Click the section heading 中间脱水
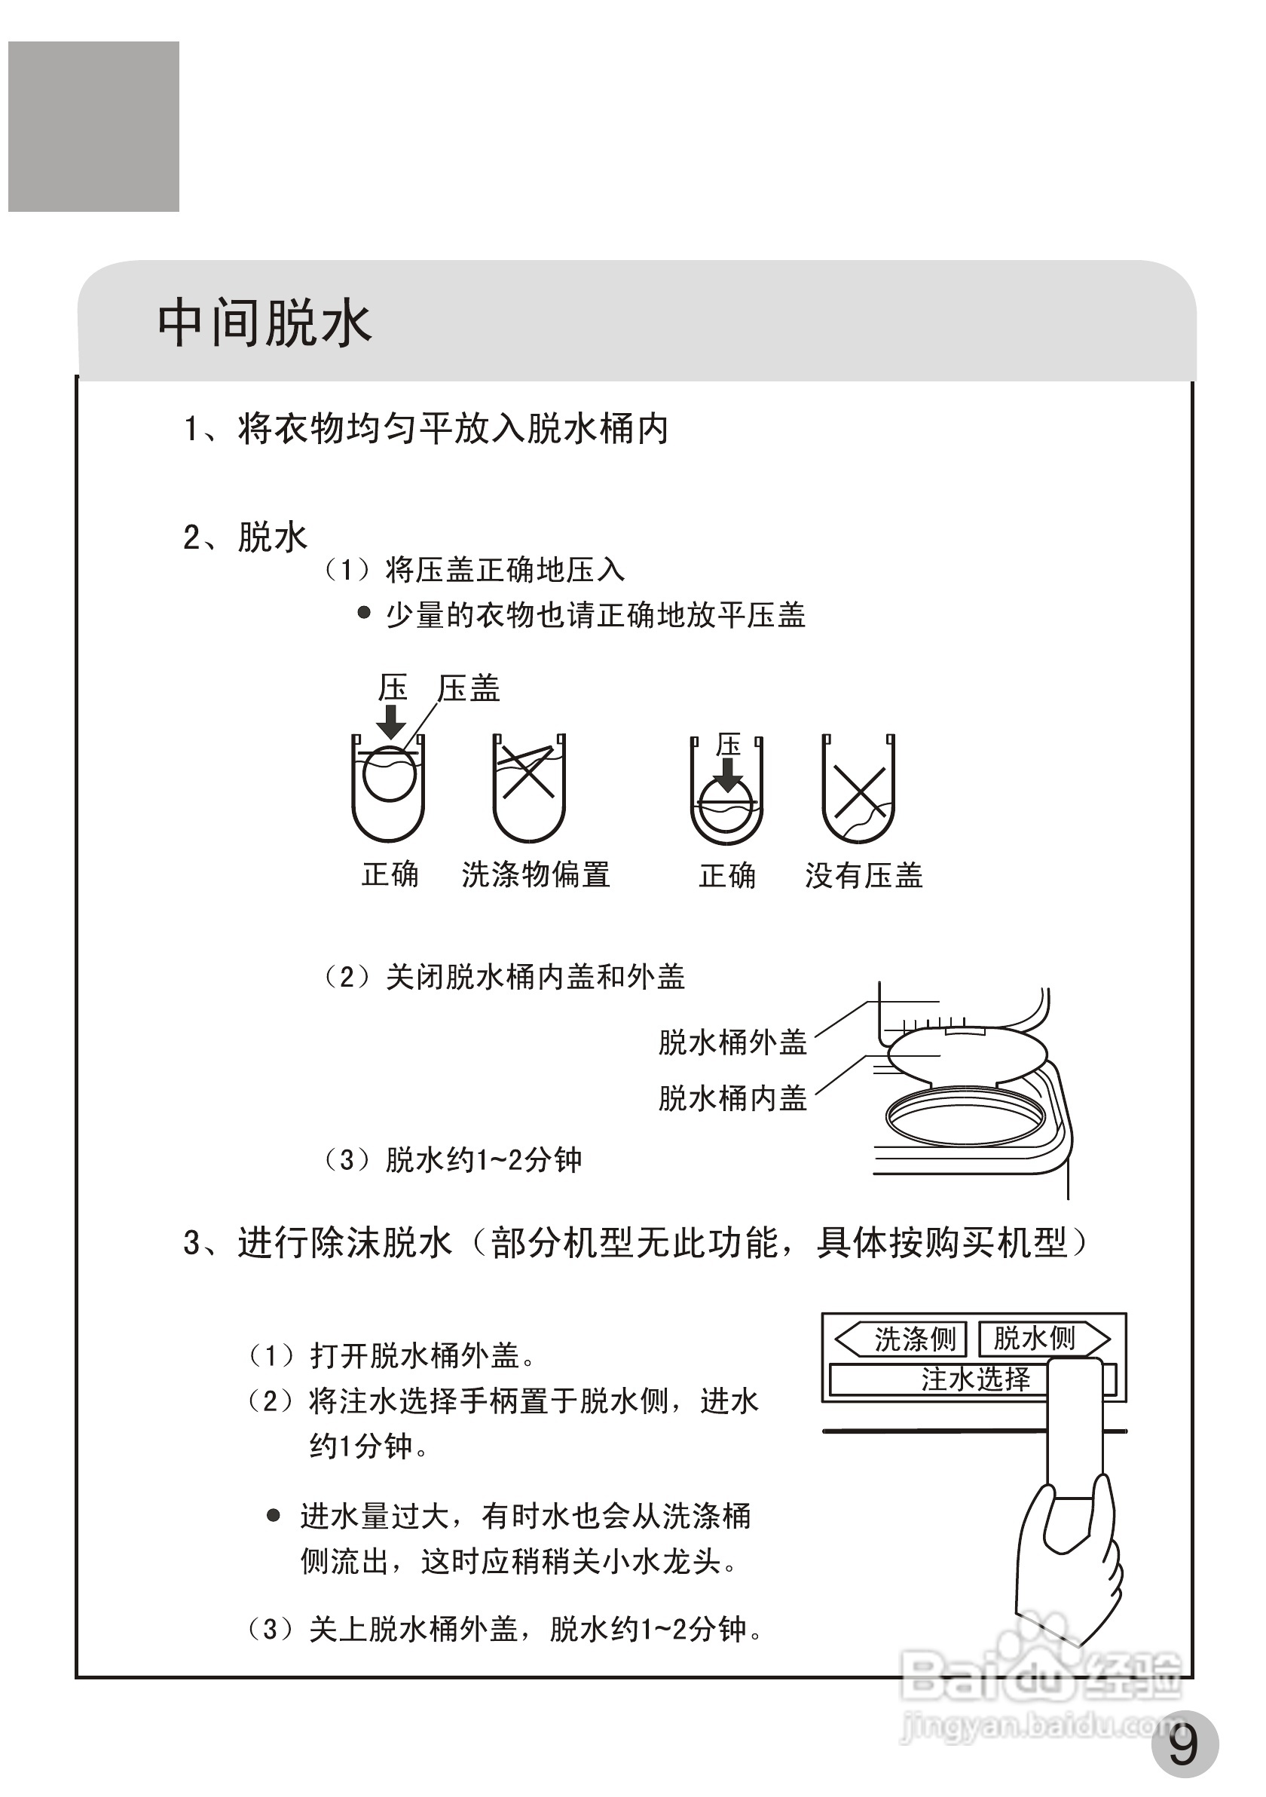265,323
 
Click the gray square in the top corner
94,127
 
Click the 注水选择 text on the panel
975,1379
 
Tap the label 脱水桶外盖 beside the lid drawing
732,1042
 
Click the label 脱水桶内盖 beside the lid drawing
732,1098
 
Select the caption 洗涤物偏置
536,874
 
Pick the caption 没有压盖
864,875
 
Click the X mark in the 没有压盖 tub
858,792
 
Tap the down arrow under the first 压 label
391,721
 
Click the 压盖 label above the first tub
469,689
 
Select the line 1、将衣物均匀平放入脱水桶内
427,429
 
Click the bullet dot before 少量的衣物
364,613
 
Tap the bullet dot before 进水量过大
273,1516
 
